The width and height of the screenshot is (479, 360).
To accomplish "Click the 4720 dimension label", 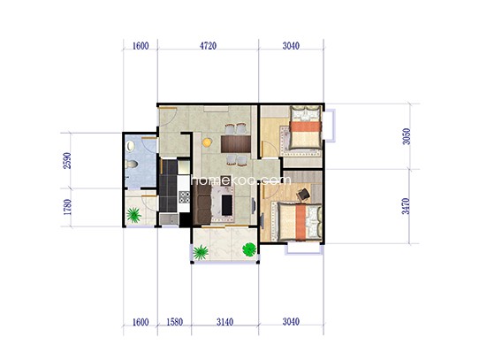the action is [208, 46].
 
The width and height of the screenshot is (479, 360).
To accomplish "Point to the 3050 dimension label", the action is [407, 136].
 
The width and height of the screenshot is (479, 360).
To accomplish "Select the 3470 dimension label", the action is [406, 206].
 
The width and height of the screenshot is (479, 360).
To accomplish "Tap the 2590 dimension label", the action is [67, 161].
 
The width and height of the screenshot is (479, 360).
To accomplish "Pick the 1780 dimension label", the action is [67, 207].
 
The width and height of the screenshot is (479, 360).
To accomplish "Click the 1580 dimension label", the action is [175, 322].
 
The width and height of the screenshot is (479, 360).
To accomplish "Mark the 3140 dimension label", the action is [225, 322].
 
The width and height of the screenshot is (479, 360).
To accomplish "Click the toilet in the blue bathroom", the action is [132, 165].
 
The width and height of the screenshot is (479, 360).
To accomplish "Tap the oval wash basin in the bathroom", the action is [131, 146].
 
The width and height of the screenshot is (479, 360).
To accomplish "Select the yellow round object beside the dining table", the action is [207, 142].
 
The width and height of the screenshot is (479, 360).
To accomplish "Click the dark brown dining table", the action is [236, 144].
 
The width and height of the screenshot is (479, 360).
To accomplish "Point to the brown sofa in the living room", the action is [201, 205].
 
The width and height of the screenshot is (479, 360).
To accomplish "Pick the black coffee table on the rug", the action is [226, 204].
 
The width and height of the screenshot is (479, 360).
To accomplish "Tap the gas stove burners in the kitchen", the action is [184, 197].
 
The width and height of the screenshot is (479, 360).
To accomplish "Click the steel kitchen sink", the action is [169, 219].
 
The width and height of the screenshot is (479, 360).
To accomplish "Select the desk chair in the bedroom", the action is [303, 195].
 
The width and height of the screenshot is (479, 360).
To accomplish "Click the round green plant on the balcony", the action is [249, 249].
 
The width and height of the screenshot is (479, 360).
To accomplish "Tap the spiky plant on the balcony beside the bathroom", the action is [133, 215].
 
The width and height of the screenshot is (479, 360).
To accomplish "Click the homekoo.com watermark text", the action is [241, 180].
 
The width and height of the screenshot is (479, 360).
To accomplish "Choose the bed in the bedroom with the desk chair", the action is [299, 221].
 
